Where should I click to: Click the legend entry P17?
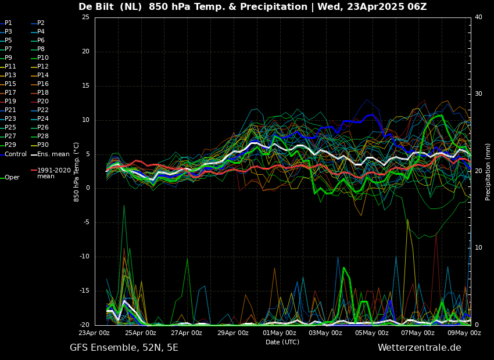point(10,93)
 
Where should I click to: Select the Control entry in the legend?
point(16,154)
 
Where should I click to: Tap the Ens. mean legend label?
point(53,154)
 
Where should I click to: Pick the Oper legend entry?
point(12,178)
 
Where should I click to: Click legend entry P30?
point(43,145)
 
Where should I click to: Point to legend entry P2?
point(41,23)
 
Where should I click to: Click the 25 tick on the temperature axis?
point(85,17)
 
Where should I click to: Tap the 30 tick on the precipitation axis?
point(478,94)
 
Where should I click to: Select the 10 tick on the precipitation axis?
point(478,248)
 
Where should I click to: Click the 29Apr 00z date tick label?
point(232,333)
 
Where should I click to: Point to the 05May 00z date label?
point(371,333)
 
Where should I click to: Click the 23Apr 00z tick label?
point(94,333)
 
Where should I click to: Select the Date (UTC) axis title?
point(282,343)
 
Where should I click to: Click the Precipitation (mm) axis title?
point(488,172)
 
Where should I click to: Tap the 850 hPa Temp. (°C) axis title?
point(77,172)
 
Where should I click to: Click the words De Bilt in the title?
point(99,7)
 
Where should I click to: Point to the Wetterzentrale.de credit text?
point(419,348)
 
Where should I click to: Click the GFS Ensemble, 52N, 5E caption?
point(124,348)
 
